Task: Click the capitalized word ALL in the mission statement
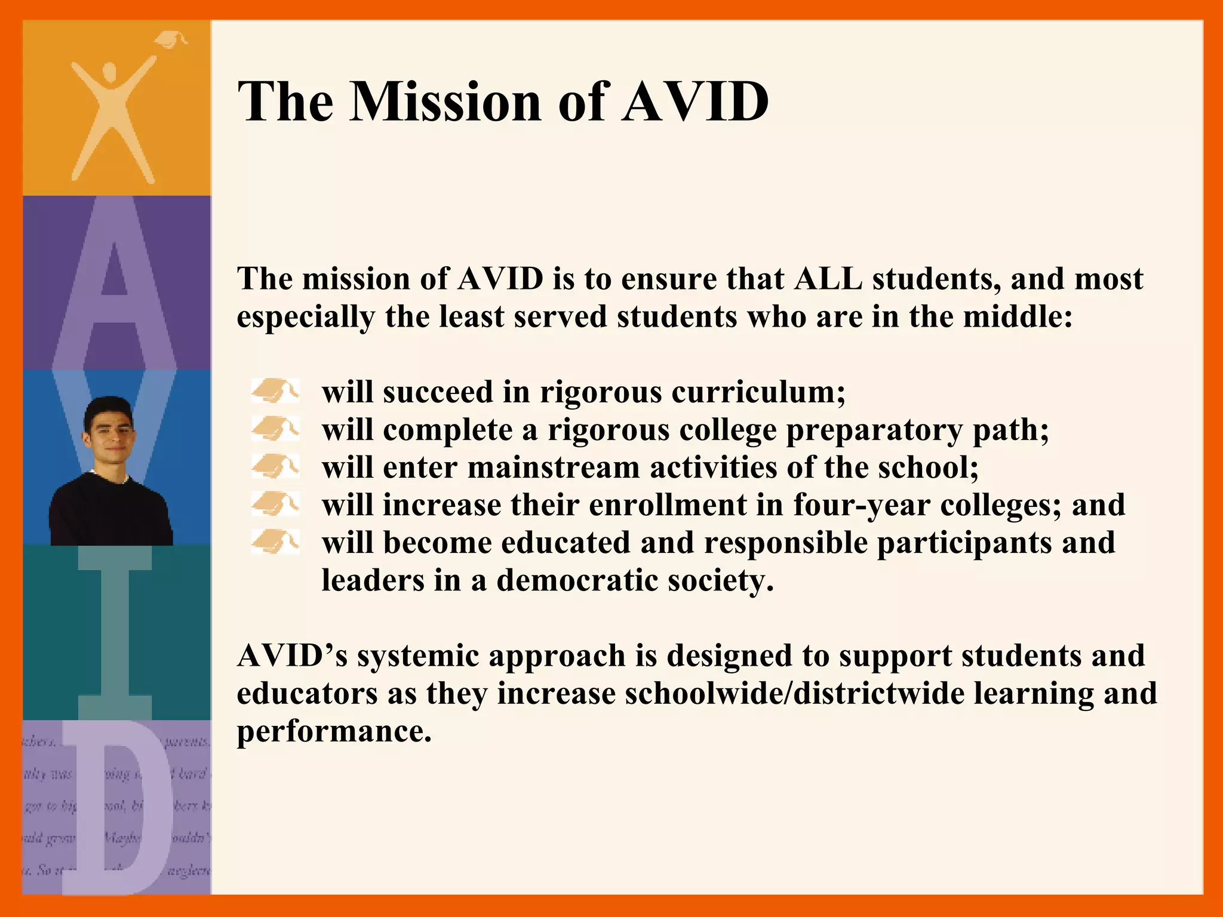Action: tap(828, 279)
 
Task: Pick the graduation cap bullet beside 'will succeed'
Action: tap(275, 392)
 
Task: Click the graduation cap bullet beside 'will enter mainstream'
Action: tap(275, 467)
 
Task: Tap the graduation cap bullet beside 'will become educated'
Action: tap(275, 542)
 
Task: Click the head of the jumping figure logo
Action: tap(110, 74)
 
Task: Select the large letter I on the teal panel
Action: tap(115, 633)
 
